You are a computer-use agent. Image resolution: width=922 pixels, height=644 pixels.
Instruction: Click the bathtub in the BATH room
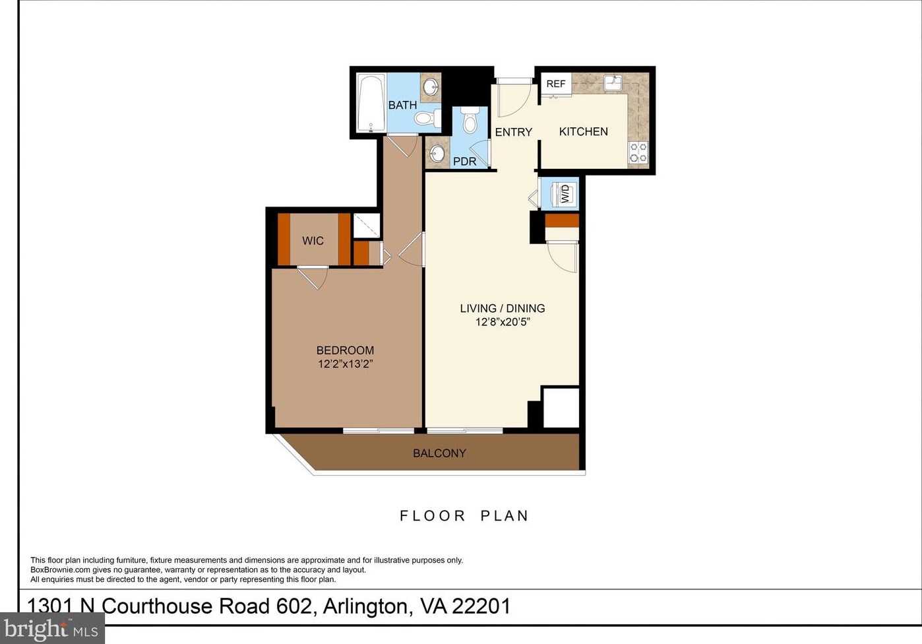[x=371, y=103]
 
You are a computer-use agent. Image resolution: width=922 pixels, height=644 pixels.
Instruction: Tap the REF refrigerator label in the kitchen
[x=556, y=84]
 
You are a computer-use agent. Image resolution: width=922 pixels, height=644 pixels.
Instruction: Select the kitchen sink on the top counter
[x=613, y=82]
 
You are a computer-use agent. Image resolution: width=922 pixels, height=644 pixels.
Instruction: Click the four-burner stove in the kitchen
[x=638, y=152]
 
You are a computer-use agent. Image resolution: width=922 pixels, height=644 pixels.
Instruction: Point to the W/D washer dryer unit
[x=564, y=193]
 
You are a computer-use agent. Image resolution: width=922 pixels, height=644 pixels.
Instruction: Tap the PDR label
[x=464, y=162]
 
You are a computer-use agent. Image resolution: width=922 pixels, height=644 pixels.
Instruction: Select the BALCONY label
[x=439, y=453]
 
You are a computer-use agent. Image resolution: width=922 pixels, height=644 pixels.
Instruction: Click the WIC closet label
[x=313, y=241]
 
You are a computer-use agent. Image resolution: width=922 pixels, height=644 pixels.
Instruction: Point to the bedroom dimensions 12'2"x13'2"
[x=346, y=364]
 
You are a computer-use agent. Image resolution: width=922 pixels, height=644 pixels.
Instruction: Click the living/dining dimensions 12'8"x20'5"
[x=503, y=322]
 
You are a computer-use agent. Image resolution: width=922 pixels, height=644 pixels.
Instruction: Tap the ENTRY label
[x=513, y=132]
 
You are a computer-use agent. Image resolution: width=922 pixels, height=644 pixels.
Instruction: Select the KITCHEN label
[x=583, y=131]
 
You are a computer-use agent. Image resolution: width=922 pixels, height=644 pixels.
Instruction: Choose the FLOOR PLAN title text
[x=464, y=516]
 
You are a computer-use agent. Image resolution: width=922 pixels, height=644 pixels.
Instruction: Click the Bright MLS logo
[x=52, y=629]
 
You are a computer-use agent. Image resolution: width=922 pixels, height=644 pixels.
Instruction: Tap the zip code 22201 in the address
[x=481, y=606]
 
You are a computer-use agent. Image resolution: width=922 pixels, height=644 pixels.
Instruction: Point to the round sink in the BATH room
[x=431, y=86]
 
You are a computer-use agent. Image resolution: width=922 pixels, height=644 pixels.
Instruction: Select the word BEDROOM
[x=345, y=350]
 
